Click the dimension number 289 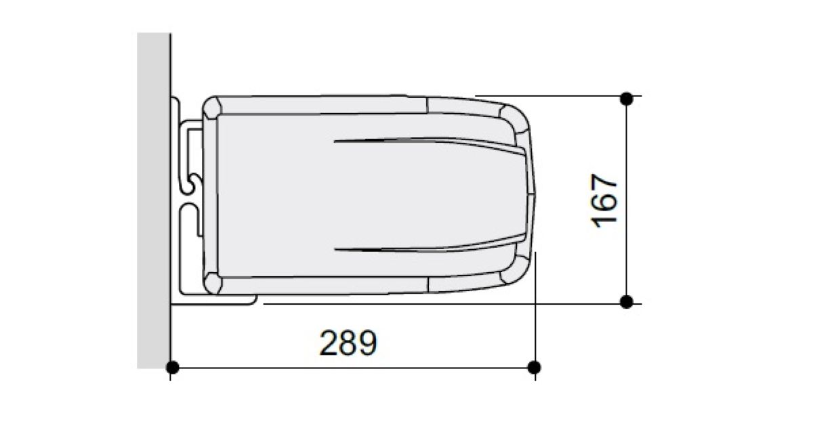pos(348,343)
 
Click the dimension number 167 pos(604,201)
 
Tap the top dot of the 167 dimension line pos(627,99)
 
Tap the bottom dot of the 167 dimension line pos(627,302)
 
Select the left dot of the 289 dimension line pos(172,367)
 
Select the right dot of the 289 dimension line pos(534,367)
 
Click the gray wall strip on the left pos(153,200)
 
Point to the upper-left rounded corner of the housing pos(212,108)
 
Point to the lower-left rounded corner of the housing pos(212,283)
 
